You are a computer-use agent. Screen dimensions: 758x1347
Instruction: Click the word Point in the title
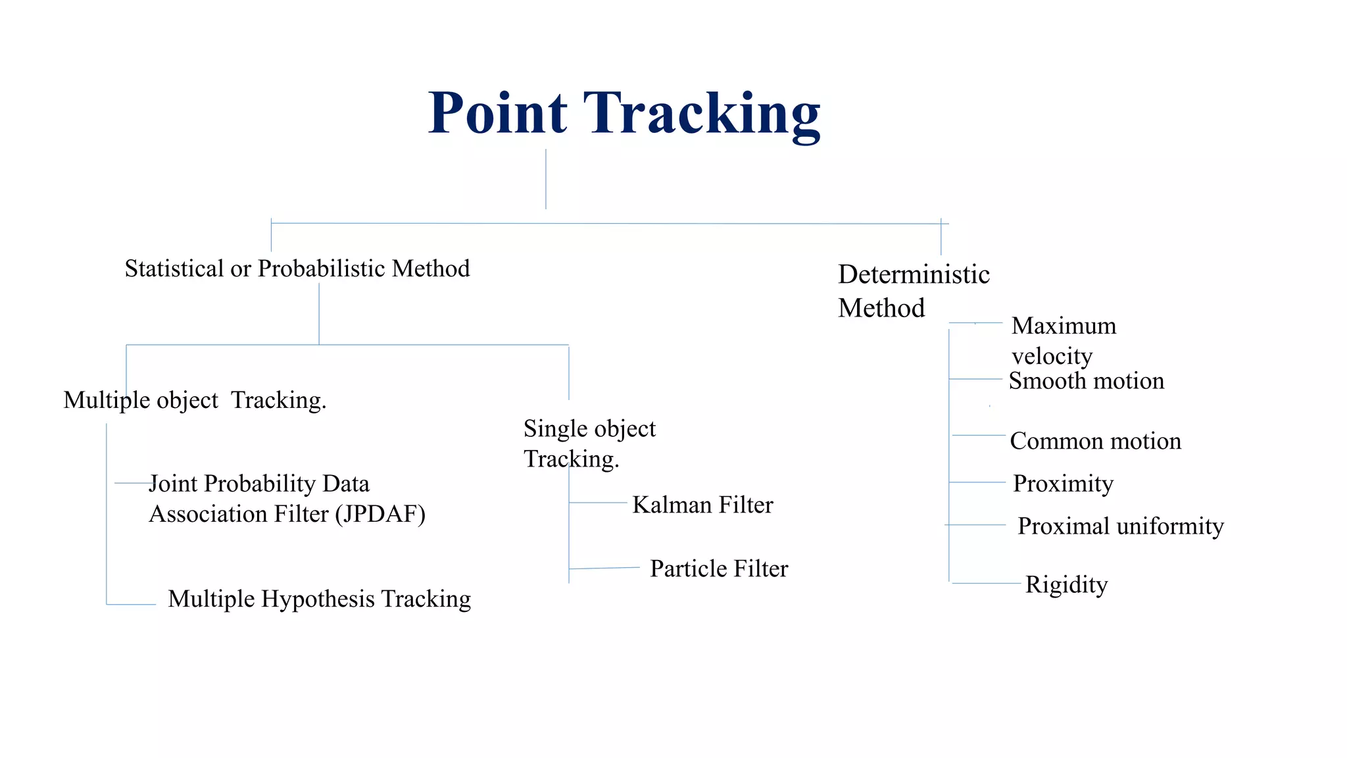[497, 113]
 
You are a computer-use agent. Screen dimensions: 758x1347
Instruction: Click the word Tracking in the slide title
[702, 114]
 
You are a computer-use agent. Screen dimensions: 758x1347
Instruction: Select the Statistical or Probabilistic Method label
[297, 268]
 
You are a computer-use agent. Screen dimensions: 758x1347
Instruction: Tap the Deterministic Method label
[913, 291]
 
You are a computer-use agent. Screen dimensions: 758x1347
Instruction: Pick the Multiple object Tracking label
[195, 400]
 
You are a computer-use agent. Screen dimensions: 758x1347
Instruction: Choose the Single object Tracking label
[589, 443]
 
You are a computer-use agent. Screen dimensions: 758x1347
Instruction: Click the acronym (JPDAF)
[380, 514]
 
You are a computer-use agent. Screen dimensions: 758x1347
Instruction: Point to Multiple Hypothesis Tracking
[320, 599]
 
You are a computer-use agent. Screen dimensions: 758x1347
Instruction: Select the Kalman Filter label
[702, 505]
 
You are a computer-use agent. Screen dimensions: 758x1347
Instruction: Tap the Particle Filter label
[719, 568]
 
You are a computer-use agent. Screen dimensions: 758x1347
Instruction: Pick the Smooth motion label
[1087, 381]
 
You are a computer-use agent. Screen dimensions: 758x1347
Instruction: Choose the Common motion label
[1095, 441]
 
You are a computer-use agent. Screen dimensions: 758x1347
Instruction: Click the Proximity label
[1063, 484]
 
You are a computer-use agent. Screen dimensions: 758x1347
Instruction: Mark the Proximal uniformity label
[1120, 526]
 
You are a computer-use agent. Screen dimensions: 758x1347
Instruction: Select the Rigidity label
[1066, 584]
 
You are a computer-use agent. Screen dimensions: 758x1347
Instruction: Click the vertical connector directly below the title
[546, 179]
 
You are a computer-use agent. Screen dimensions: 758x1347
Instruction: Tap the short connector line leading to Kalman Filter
[598, 503]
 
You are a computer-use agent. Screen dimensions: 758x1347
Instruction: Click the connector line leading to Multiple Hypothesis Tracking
[131, 604]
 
